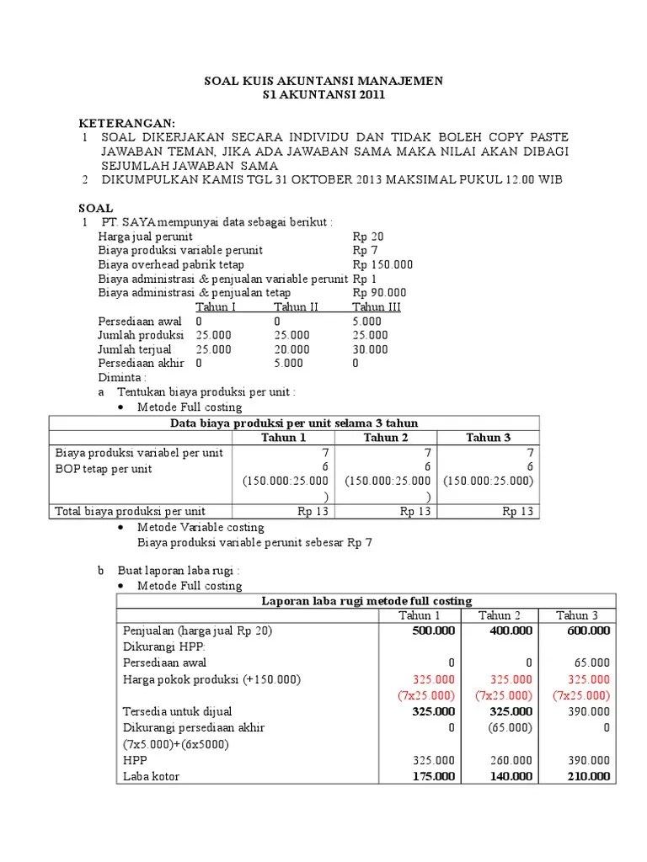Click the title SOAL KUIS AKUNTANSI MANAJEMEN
[324, 81]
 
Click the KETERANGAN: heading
[127, 123]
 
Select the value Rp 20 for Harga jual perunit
[367, 237]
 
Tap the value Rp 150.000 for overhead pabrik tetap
[382, 264]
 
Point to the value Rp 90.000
[379, 293]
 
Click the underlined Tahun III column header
[376, 306]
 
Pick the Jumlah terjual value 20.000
[291, 349]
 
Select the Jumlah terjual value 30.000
[370, 349]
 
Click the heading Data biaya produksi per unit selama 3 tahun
[294, 423]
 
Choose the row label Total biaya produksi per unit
[130, 511]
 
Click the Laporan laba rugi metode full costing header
[366, 600]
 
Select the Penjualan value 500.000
[433, 631]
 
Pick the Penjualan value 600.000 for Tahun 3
[588, 631]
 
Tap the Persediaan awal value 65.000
[591, 662]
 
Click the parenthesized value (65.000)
[511, 727]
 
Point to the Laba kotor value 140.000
[511, 776]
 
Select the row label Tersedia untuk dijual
[177, 711]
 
